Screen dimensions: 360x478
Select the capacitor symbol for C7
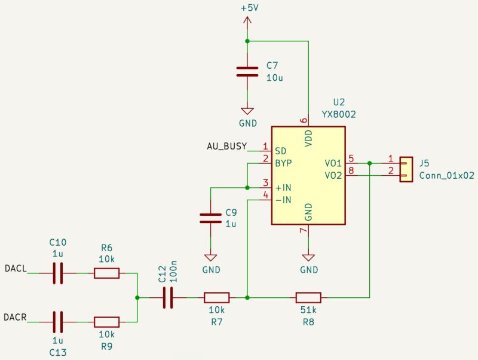coord(247,72)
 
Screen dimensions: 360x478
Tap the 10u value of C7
coord(275,78)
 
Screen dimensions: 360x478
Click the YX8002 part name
coord(339,114)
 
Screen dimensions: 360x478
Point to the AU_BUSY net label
coord(226,147)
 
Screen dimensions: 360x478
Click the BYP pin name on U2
coord(283,163)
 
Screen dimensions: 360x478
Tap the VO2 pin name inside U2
coord(333,176)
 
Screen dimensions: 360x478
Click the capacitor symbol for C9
coord(210,218)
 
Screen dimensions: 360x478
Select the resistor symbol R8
coord(308,297)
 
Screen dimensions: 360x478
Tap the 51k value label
coord(308,310)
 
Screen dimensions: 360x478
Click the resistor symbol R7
coord(216,297)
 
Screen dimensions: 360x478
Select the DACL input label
coord(16,269)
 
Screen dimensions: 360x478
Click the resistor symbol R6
coord(106,273)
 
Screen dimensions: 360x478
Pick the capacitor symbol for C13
coord(58,322)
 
